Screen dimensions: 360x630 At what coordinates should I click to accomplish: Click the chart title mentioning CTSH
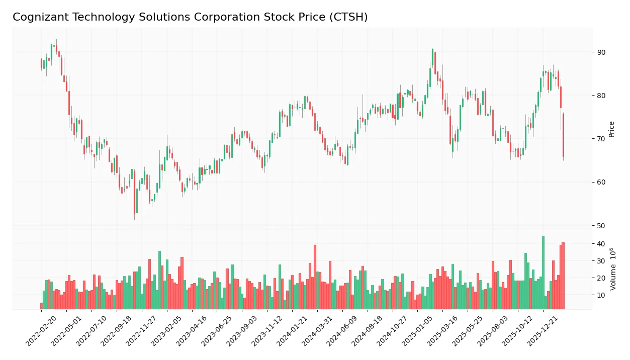click(x=190, y=17)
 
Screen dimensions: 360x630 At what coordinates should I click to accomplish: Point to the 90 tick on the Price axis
click(x=601, y=52)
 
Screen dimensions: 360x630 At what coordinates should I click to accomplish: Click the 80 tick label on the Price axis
click(x=601, y=96)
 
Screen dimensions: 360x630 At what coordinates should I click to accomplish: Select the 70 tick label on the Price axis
click(x=601, y=139)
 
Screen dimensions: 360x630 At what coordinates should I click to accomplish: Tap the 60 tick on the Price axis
click(x=601, y=182)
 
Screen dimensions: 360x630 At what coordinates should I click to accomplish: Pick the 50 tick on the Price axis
click(x=601, y=225)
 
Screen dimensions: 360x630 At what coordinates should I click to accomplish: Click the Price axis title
click(x=612, y=129)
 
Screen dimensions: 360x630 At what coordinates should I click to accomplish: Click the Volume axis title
click(x=612, y=268)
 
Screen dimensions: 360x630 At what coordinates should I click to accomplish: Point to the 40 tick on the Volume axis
click(x=601, y=244)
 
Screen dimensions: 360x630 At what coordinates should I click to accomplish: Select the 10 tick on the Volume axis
click(x=601, y=295)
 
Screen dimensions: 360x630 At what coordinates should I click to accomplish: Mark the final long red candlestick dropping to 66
click(x=563, y=136)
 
